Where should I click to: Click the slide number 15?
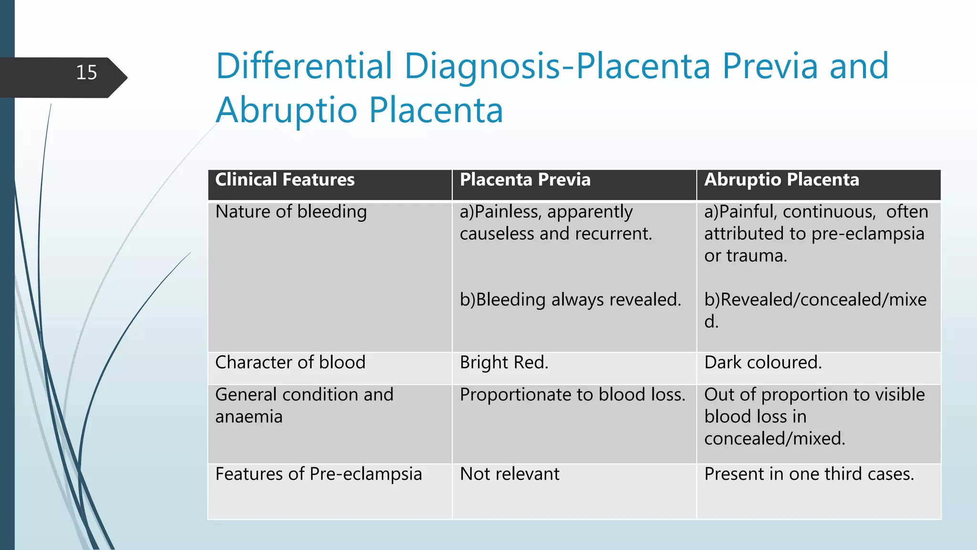click(86, 73)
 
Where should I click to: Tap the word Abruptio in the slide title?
click(286, 110)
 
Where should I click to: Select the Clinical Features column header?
click(285, 180)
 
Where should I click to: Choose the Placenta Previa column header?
click(525, 180)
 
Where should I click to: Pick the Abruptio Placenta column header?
click(781, 180)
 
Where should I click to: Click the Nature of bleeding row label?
click(291, 212)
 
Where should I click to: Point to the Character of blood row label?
click(290, 362)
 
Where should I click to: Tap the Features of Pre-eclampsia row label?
click(318, 474)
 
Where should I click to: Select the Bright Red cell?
click(504, 362)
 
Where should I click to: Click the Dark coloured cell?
click(763, 362)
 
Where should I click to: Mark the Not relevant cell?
click(509, 474)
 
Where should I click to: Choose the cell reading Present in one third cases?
click(809, 474)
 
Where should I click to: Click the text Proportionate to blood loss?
click(572, 395)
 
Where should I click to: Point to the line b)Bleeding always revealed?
click(570, 300)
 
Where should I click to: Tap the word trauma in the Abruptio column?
click(756, 256)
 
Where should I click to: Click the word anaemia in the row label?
click(249, 417)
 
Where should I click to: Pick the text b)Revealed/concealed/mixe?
click(815, 300)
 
